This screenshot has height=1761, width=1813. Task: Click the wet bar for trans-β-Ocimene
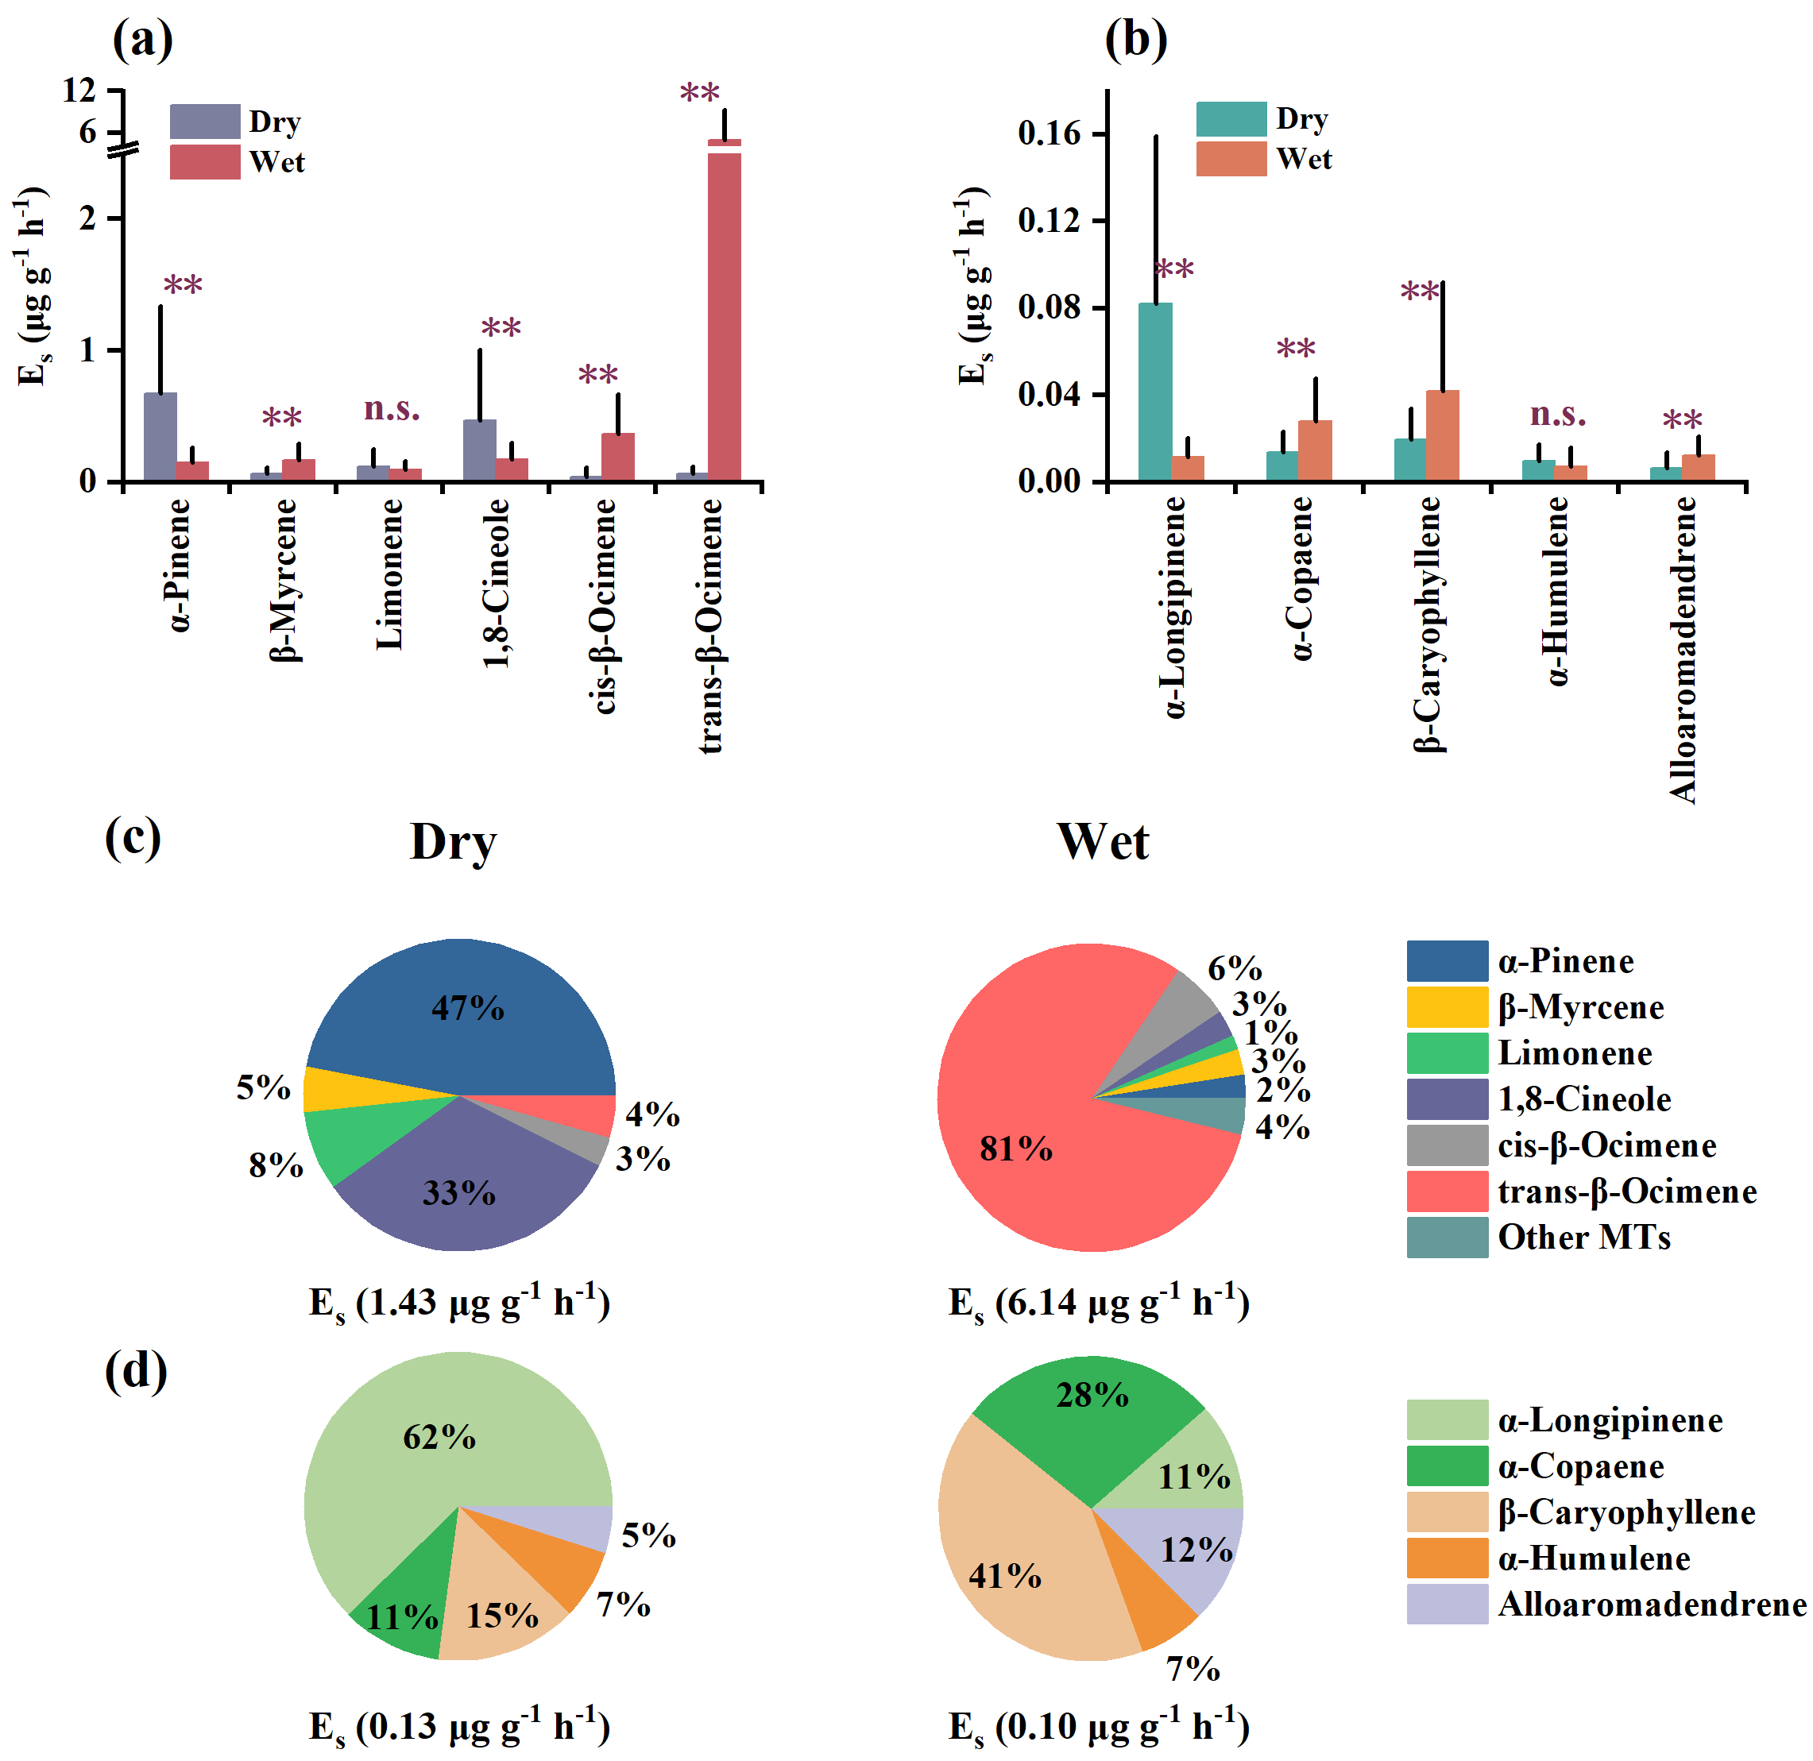pos(725,315)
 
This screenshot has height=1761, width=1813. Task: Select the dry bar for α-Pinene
pos(160,437)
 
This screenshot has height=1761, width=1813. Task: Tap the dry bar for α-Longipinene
pos(1154,392)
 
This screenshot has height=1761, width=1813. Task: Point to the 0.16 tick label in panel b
pos(1049,133)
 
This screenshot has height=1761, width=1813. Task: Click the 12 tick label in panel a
pos(79,90)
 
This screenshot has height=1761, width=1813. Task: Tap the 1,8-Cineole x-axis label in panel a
pos(496,583)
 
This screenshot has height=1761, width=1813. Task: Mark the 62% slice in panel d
pos(416,1442)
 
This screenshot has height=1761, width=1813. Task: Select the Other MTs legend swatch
pos(1447,1238)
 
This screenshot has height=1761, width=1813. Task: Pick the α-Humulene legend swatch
pos(1447,1558)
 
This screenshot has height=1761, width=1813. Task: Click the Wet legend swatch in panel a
pos(204,162)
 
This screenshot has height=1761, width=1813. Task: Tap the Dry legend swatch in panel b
pos(1230,119)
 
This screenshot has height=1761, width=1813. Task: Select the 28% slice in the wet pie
pos(1092,1424)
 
